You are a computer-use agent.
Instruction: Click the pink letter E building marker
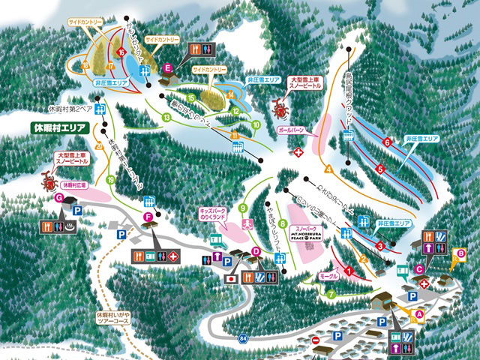pos(168,68)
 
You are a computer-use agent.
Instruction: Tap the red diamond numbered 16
pos(120,52)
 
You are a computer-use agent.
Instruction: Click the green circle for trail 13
pos(166,118)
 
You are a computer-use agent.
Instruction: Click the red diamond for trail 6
pos(388,142)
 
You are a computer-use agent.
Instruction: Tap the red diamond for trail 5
pos(380,170)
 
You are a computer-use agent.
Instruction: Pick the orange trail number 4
pos(328,169)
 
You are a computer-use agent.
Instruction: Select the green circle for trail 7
pos(331,294)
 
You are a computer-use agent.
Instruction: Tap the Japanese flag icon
pos(232,279)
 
